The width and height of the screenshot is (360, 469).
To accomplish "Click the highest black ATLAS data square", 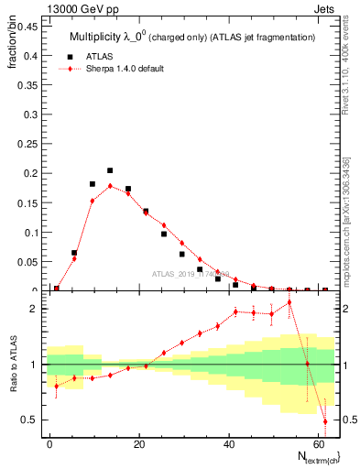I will (110, 170).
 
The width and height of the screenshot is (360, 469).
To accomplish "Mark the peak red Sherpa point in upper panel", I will (110, 185).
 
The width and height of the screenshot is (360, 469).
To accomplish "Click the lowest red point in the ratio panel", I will (325, 421).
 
